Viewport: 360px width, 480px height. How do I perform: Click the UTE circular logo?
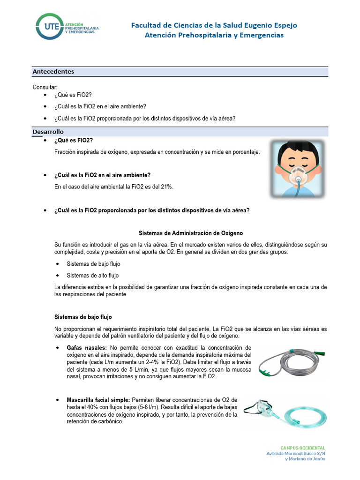48,27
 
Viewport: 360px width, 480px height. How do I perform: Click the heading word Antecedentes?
53,72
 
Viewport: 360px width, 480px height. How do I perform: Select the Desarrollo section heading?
48,132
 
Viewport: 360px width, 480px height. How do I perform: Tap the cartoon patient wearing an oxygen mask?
297,168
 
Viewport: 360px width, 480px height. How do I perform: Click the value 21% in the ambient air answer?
166,187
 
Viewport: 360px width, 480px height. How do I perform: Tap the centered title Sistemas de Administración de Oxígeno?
191,233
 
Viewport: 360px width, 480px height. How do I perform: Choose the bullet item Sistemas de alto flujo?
93,275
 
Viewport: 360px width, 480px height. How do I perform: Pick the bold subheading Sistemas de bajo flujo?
83,317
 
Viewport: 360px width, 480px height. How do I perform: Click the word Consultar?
45,87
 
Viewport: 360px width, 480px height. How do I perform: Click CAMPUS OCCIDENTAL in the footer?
302,448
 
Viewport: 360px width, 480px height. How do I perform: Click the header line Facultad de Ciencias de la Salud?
214,25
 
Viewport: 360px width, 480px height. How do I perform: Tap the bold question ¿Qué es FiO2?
74,141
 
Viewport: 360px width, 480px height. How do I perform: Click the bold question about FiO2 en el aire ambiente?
103,175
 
